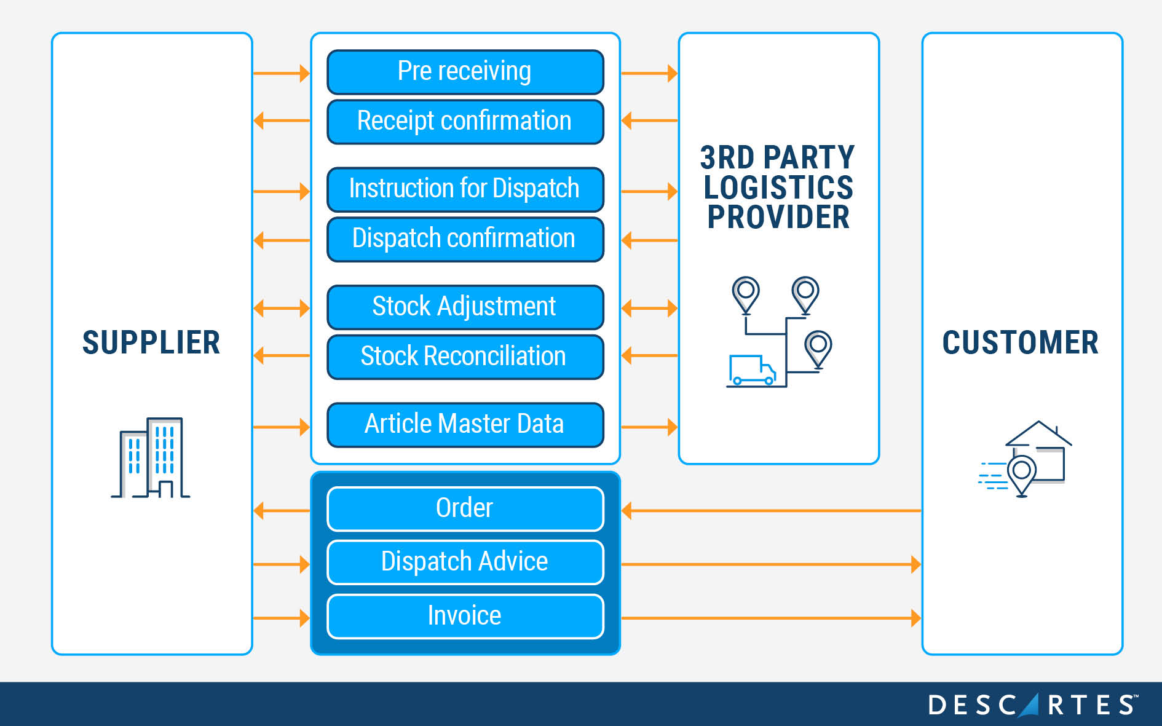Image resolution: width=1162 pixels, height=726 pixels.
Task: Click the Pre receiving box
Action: (465, 72)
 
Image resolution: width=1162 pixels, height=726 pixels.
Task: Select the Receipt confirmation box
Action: (465, 122)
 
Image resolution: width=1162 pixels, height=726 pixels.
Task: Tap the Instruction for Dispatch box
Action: (465, 189)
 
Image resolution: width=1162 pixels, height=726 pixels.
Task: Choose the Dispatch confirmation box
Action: (465, 239)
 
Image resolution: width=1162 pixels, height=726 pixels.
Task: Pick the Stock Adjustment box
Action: (465, 307)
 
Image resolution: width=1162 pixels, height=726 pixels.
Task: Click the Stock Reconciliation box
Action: (465, 357)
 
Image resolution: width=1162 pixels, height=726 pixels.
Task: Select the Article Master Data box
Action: (465, 425)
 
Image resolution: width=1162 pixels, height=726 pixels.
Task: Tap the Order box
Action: (465, 508)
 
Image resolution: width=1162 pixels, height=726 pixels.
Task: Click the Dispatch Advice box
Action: (465, 562)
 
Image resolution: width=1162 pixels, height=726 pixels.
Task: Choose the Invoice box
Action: (465, 616)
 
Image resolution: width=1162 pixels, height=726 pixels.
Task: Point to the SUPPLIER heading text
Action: (151, 342)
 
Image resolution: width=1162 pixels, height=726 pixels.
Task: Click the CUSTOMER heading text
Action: (1020, 342)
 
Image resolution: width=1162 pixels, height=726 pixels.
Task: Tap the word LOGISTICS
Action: (778, 187)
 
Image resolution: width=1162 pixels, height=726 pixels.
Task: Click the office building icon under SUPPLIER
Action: (151, 457)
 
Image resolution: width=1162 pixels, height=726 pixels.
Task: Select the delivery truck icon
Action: (751, 370)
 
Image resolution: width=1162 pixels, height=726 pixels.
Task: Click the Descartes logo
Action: (1032, 704)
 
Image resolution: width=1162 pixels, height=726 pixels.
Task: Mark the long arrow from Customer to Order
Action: (771, 510)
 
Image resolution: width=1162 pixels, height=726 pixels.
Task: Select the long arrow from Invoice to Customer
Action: (771, 618)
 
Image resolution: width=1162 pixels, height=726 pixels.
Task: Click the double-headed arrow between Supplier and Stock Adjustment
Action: (282, 307)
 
